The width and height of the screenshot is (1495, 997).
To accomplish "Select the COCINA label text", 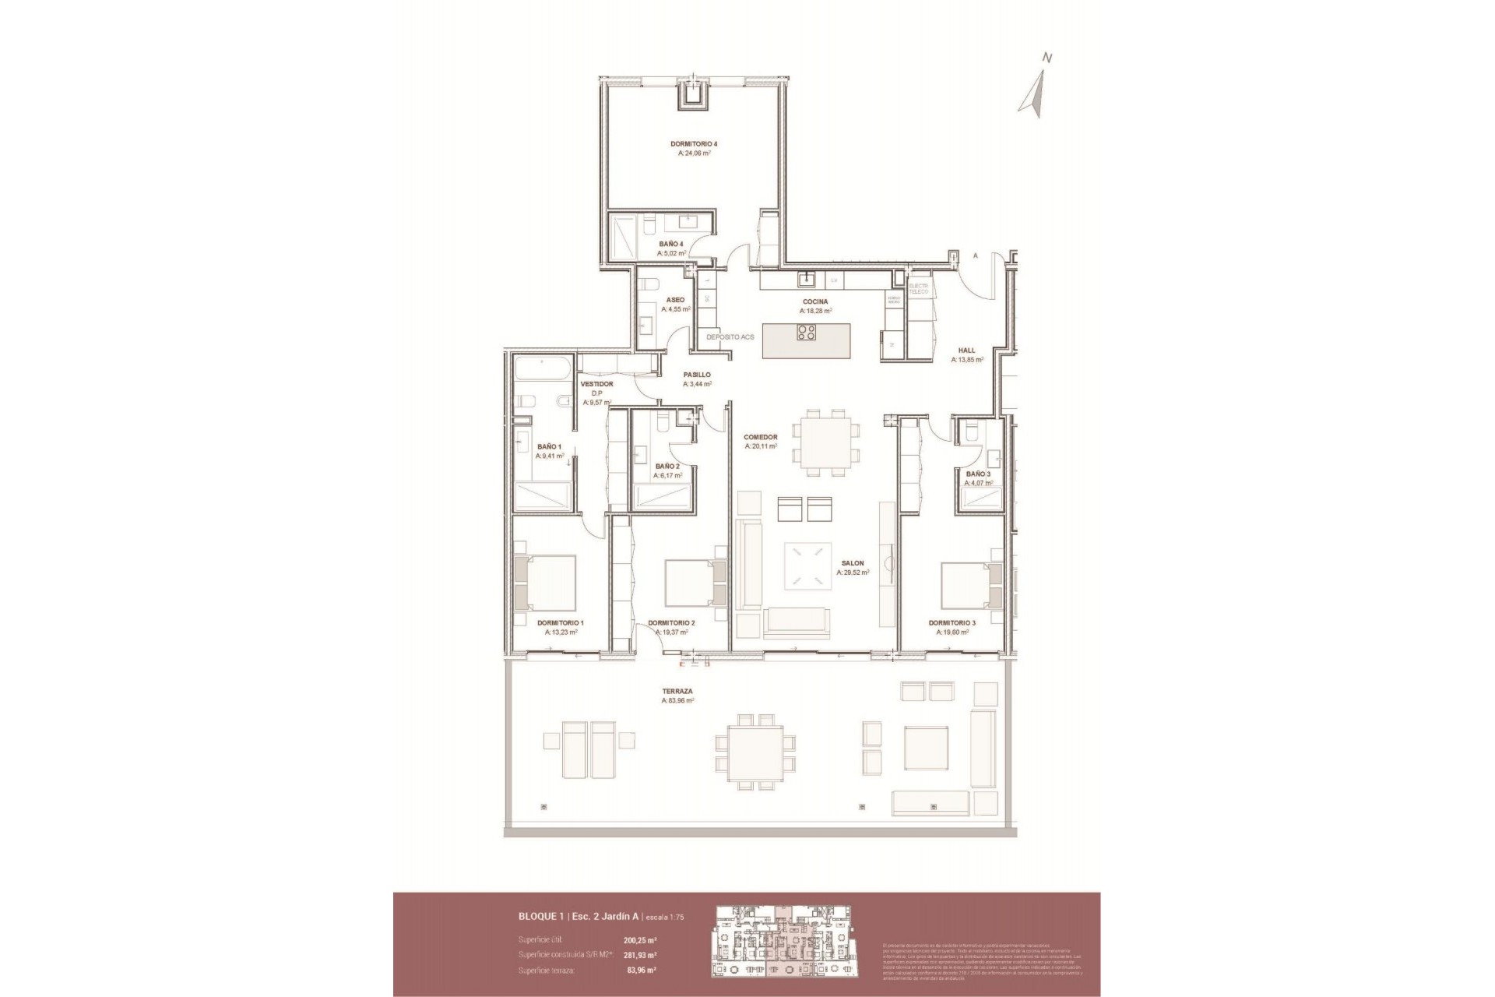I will [815, 301].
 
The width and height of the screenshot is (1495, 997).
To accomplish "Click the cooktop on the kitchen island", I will [806, 333].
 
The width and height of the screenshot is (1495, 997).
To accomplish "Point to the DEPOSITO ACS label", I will [730, 337].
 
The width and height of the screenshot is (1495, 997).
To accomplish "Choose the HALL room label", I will [966, 351].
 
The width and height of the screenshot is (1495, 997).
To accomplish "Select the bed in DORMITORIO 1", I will [545, 583].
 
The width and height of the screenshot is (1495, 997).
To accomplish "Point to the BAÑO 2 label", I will [667, 467].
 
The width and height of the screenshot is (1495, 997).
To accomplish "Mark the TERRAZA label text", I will [677, 691].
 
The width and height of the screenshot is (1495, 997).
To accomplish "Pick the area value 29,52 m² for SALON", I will [853, 572].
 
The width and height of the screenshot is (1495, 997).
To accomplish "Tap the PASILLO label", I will [697, 375].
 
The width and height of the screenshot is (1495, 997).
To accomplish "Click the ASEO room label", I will [675, 300].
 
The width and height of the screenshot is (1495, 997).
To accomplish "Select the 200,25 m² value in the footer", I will [639, 939].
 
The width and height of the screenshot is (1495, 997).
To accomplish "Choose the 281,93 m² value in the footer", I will [640, 955].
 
